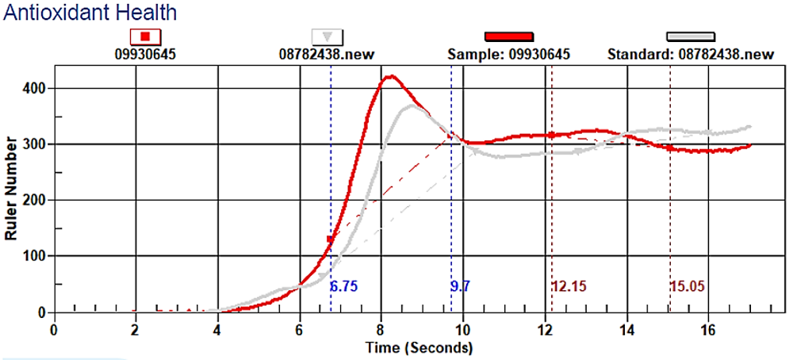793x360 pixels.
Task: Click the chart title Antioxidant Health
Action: click(90, 13)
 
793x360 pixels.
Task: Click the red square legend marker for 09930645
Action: click(146, 36)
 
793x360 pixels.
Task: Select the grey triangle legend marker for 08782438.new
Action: click(328, 36)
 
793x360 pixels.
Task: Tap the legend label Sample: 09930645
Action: click(508, 55)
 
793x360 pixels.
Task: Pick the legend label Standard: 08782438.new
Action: click(690, 55)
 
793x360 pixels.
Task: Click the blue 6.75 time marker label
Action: click(344, 286)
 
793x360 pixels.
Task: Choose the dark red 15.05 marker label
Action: click(688, 286)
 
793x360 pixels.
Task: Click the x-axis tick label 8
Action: click(381, 329)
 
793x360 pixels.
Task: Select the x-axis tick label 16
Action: click(708, 329)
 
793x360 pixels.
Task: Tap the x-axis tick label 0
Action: click(54, 329)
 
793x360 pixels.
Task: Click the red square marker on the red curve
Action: click(331, 239)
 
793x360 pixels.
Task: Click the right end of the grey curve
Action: click(749, 126)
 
